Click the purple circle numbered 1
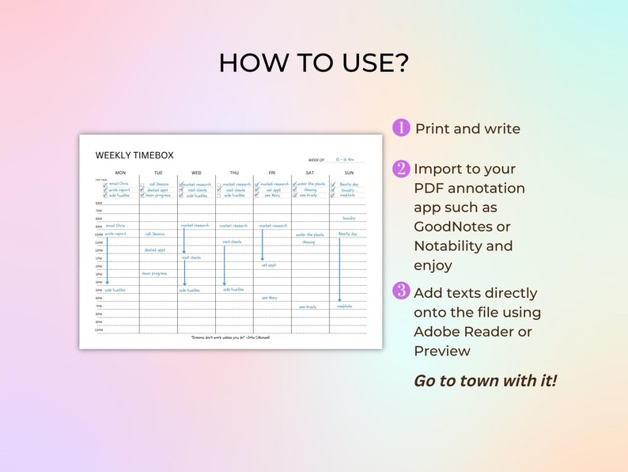click(401, 128)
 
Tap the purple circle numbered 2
click(401, 168)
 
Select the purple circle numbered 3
click(401, 291)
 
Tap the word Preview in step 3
click(442, 351)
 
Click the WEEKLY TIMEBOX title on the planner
click(134, 155)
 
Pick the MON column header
click(120, 173)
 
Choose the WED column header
click(196, 173)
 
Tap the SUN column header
click(349, 173)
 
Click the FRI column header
click(272, 173)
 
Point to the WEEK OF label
click(316, 160)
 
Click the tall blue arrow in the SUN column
click(339, 269)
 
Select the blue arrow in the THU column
click(224, 265)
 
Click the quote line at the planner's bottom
click(230, 337)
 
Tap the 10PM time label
click(99, 330)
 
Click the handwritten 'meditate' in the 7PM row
click(345, 306)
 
